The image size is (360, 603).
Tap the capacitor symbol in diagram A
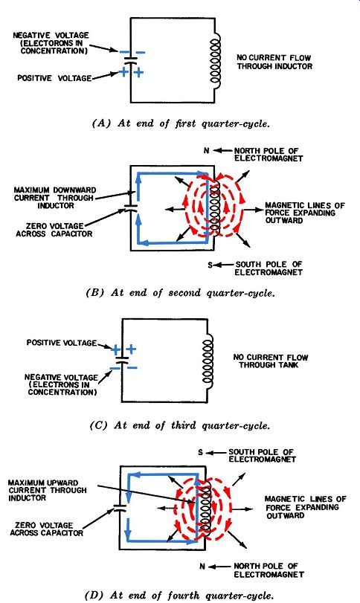point(131,62)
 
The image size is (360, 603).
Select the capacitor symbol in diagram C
point(122,359)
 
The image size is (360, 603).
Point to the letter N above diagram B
point(207,150)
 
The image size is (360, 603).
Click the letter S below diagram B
point(210,265)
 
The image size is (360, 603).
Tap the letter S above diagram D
point(200,453)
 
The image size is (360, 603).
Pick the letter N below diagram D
point(202,567)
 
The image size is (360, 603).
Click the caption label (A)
point(101,123)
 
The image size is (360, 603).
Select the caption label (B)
point(94,293)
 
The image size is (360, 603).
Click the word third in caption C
point(184,425)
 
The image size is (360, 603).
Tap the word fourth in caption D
point(182,596)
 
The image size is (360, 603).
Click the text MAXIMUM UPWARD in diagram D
point(43,483)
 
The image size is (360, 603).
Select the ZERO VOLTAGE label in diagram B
point(54,226)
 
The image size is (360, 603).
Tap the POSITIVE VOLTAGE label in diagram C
point(62,342)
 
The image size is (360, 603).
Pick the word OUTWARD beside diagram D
point(286,515)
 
